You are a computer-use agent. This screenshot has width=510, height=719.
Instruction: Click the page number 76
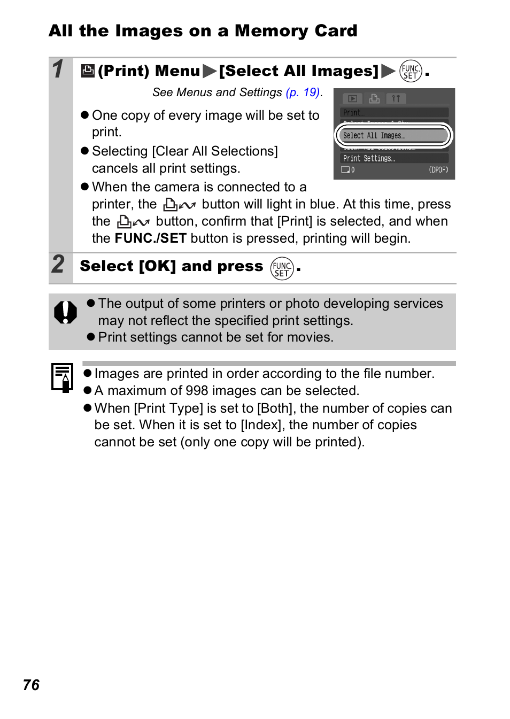[x=32, y=685]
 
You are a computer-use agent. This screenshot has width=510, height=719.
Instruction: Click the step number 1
[x=58, y=69]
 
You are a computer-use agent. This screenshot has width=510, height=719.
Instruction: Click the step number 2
[x=58, y=264]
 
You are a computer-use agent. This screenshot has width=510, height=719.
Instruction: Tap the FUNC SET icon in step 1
[x=411, y=71]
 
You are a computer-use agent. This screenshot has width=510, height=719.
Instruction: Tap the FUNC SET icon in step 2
[x=282, y=268]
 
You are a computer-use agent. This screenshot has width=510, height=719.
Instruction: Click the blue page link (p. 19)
[x=303, y=92]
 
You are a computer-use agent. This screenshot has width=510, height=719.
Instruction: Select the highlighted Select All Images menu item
[x=393, y=136]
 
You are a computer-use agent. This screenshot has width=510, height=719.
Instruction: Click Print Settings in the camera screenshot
[x=369, y=158]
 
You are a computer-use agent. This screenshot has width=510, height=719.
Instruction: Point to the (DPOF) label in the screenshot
[x=438, y=170]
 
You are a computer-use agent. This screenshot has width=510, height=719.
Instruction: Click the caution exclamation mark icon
[x=65, y=312]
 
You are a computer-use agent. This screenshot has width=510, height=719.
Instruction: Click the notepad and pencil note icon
[x=62, y=377]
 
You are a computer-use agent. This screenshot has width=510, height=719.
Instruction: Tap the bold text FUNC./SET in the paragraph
[x=151, y=238]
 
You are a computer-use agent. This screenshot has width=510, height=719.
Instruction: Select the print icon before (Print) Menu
[x=88, y=71]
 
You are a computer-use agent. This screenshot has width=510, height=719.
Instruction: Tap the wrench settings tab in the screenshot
[x=396, y=99]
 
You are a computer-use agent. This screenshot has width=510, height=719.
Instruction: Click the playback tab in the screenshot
[x=352, y=99]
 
